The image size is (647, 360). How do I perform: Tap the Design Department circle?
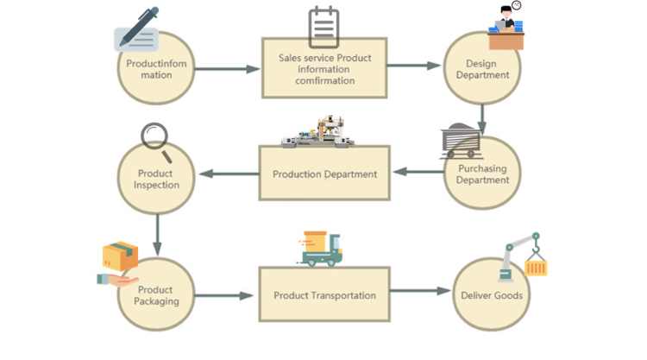(481, 69)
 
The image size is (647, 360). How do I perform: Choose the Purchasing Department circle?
(481, 175)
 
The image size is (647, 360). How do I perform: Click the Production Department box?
(324, 174)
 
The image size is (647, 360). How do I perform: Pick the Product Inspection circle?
(156, 179)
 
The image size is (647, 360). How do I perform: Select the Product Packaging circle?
(156, 295)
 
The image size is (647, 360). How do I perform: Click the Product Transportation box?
(324, 295)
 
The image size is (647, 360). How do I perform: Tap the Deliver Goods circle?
(491, 295)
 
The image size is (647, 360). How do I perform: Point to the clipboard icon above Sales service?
(324, 27)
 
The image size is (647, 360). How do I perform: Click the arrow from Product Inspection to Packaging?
(157, 234)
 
